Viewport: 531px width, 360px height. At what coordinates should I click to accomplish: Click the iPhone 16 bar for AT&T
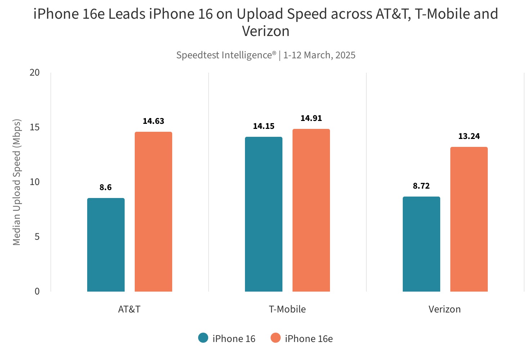pyautogui.click(x=106, y=245)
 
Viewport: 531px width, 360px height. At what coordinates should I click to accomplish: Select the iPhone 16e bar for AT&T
pyautogui.click(x=153, y=212)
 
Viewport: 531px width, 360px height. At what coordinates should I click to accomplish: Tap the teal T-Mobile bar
pyautogui.click(x=264, y=214)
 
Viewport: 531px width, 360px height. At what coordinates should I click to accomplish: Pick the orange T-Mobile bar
pyautogui.click(x=311, y=210)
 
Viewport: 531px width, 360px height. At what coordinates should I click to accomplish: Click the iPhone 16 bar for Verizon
pyautogui.click(x=421, y=244)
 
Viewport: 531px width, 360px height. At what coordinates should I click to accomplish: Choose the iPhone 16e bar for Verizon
pyautogui.click(x=469, y=219)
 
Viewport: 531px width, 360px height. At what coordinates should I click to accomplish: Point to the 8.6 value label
pyautogui.click(x=106, y=187)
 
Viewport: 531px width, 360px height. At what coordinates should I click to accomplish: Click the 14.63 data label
pyautogui.click(x=153, y=121)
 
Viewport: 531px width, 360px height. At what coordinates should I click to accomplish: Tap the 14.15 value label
pyautogui.click(x=264, y=126)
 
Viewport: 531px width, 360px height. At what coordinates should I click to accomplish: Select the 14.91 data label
pyautogui.click(x=311, y=118)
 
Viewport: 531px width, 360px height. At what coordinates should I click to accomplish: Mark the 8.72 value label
pyautogui.click(x=421, y=186)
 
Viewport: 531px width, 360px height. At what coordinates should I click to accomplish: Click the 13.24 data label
pyautogui.click(x=469, y=136)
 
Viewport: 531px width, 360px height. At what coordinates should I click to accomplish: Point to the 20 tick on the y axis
pyautogui.click(x=35, y=72)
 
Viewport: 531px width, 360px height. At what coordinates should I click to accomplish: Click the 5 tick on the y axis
pyautogui.click(x=37, y=237)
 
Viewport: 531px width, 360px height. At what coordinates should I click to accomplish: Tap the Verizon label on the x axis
pyautogui.click(x=445, y=309)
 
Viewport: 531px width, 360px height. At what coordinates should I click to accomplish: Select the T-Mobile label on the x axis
pyautogui.click(x=287, y=309)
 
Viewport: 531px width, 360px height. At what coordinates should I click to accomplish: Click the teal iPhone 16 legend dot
pyautogui.click(x=203, y=338)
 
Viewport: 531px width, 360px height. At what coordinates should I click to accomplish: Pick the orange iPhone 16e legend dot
pyautogui.click(x=276, y=338)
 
